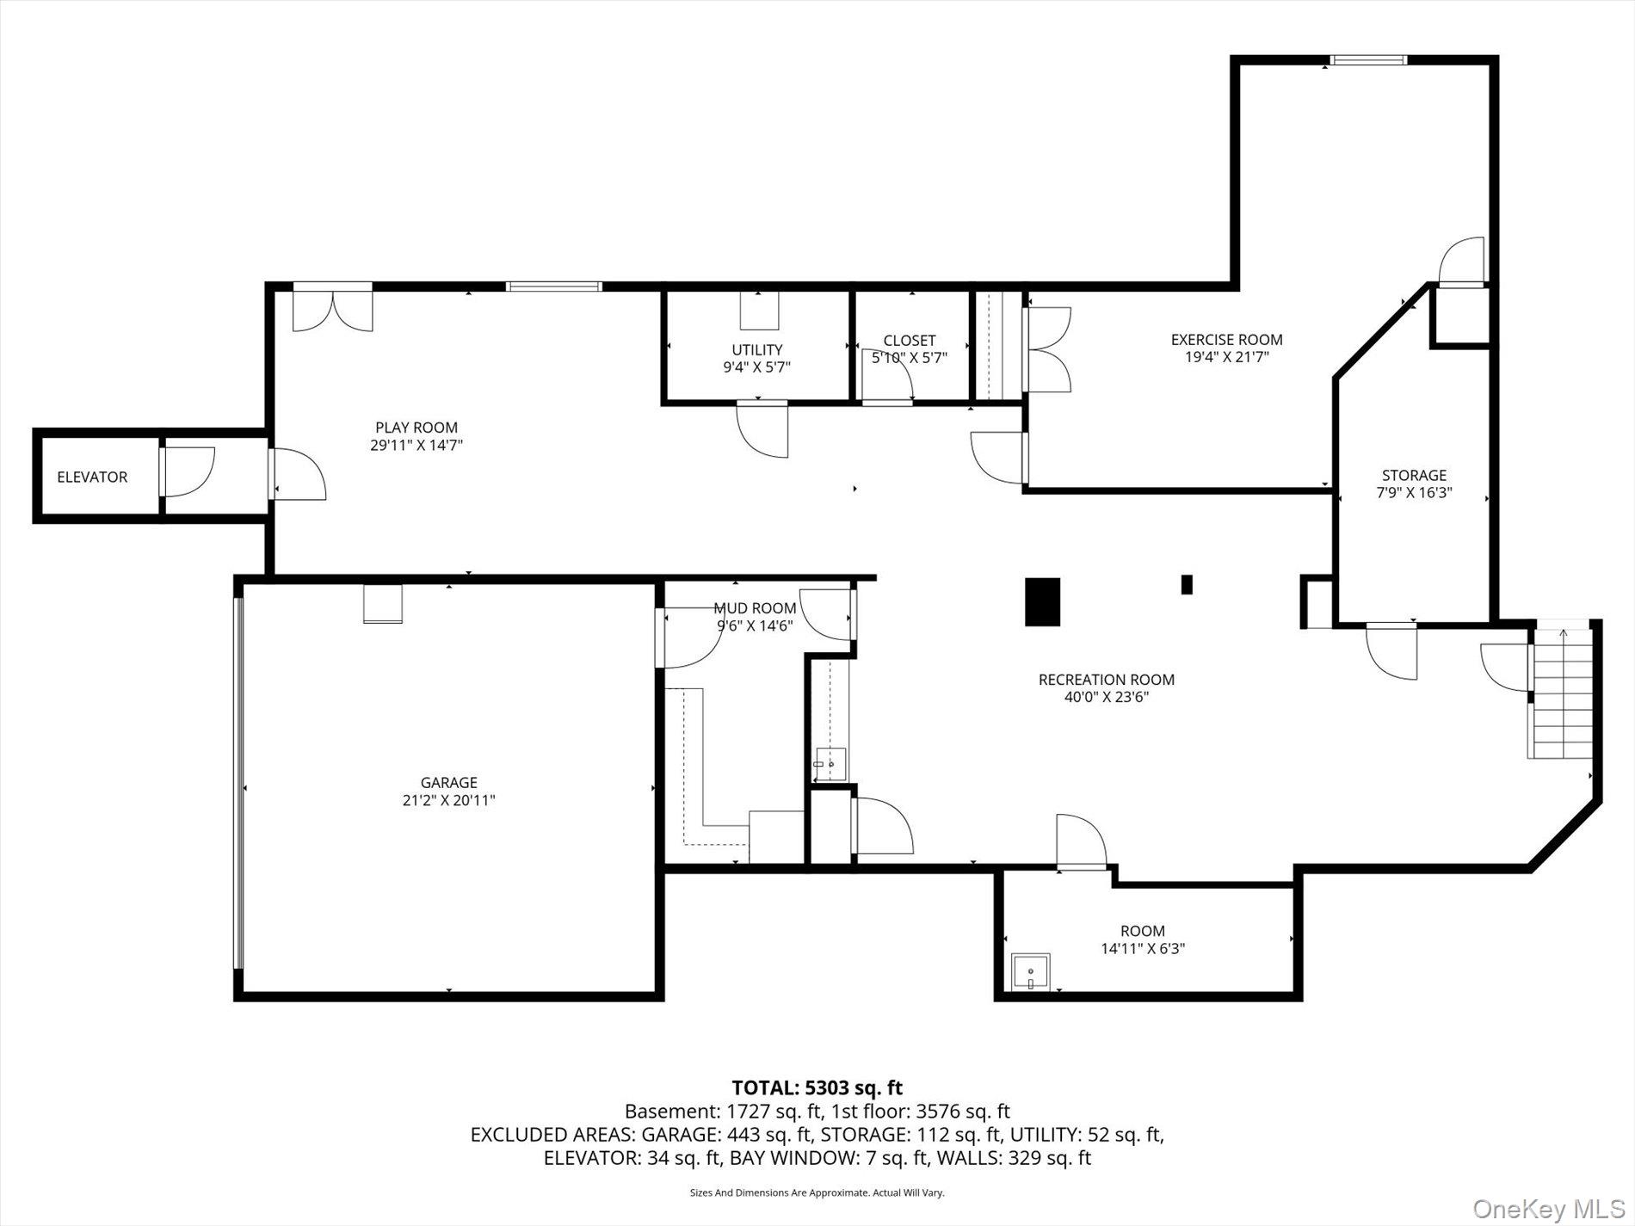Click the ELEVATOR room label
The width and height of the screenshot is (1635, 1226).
(x=92, y=477)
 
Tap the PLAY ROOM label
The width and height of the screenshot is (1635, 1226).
(x=416, y=428)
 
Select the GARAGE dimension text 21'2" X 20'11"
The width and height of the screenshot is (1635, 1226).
(x=448, y=800)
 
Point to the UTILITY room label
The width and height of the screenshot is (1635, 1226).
(x=757, y=349)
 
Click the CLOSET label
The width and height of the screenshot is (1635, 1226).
(x=910, y=341)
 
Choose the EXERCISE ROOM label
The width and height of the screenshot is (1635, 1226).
(x=1226, y=340)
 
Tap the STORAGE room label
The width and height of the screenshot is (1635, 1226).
(x=1414, y=475)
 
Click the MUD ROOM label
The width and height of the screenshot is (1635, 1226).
(x=755, y=608)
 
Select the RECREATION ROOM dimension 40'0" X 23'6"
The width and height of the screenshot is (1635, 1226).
(x=1107, y=697)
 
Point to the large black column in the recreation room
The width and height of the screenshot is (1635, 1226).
(x=1042, y=601)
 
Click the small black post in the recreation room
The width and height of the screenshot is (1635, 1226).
(x=1187, y=584)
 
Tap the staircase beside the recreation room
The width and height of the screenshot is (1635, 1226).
(x=1561, y=693)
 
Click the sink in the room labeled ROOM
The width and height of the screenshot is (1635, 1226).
(x=1030, y=972)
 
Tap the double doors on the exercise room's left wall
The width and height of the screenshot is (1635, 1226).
(x=1048, y=350)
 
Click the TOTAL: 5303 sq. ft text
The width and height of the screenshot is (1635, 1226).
(x=817, y=1087)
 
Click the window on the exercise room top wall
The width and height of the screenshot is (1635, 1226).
(x=1367, y=59)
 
